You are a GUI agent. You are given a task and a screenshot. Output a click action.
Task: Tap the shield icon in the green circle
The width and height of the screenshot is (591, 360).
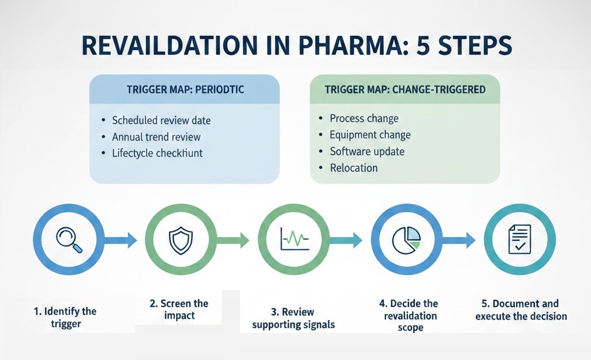(x=180, y=239)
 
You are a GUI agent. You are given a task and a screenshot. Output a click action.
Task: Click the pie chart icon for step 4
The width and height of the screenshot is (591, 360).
(x=406, y=239)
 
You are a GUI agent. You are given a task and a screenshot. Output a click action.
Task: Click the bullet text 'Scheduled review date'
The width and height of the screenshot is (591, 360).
(x=161, y=121)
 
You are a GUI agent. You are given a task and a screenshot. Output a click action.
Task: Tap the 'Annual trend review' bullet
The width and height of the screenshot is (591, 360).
(x=156, y=137)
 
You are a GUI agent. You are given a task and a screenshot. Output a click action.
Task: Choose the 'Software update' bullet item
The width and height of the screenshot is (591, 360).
(x=367, y=152)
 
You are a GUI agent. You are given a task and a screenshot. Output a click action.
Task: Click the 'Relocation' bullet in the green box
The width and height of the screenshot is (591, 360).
(x=354, y=168)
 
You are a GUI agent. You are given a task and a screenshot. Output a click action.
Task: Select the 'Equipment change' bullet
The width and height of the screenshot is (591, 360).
(x=370, y=135)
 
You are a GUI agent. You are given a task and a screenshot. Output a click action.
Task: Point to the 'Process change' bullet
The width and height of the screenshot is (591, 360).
(x=364, y=118)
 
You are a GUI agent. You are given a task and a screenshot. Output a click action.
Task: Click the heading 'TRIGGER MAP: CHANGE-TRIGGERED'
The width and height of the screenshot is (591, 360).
(x=405, y=89)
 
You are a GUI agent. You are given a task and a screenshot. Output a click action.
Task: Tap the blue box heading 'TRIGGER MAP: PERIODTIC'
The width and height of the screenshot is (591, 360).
(x=185, y=91)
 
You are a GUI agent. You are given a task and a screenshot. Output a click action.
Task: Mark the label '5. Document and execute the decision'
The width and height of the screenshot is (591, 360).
(x=521, y=310)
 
